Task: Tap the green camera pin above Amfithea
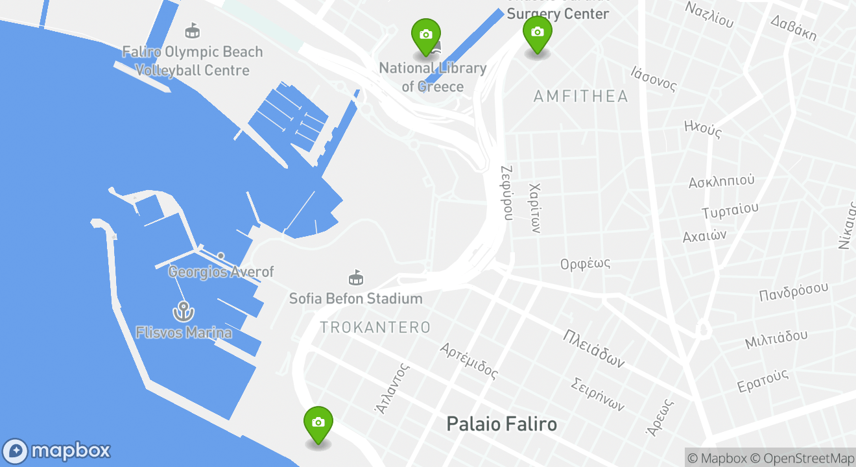pos(537,32)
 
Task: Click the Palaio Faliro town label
pos(501,424)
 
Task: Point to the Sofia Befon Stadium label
pos(355,299)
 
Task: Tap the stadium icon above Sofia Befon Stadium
pos(355,278)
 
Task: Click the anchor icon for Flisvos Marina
pos(183,312)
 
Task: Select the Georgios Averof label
pos(220,272)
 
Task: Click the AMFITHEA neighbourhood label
pos(580,97)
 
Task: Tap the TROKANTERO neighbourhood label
pos(375,328)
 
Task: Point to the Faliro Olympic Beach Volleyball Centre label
pos(193,61)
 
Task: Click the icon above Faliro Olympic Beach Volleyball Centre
pos(192,30)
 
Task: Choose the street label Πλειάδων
pos(593,348)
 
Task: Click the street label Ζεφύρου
pos(507,192)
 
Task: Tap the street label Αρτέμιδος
pos(469,361)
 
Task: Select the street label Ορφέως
pos(586,264)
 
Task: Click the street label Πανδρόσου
pos(794,291)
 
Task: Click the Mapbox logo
pos(56,451)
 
